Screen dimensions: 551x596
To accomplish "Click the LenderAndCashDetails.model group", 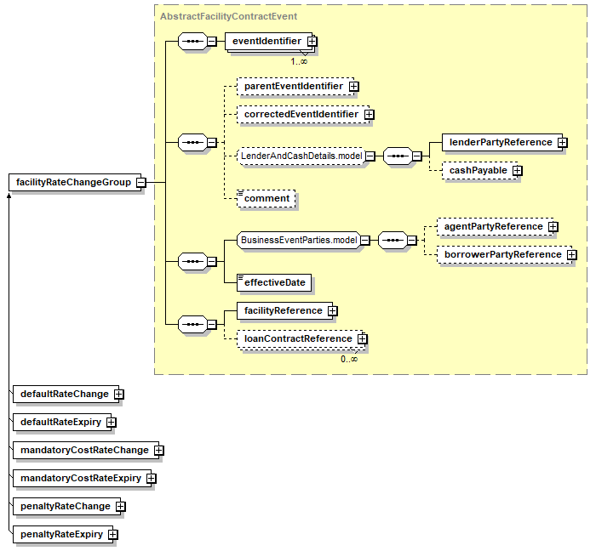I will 301,156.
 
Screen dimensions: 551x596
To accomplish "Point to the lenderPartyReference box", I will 501,142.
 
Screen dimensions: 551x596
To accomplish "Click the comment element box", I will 267,198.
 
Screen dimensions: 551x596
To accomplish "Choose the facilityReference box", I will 283,310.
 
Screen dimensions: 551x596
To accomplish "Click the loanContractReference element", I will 297,338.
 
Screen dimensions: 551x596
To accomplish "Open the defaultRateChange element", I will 65,394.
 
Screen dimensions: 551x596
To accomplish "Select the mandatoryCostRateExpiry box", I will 81,478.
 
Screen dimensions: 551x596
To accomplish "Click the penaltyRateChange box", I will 66,506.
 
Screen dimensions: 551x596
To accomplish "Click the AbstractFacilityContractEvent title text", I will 228,16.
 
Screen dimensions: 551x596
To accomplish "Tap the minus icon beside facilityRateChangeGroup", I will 140,182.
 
